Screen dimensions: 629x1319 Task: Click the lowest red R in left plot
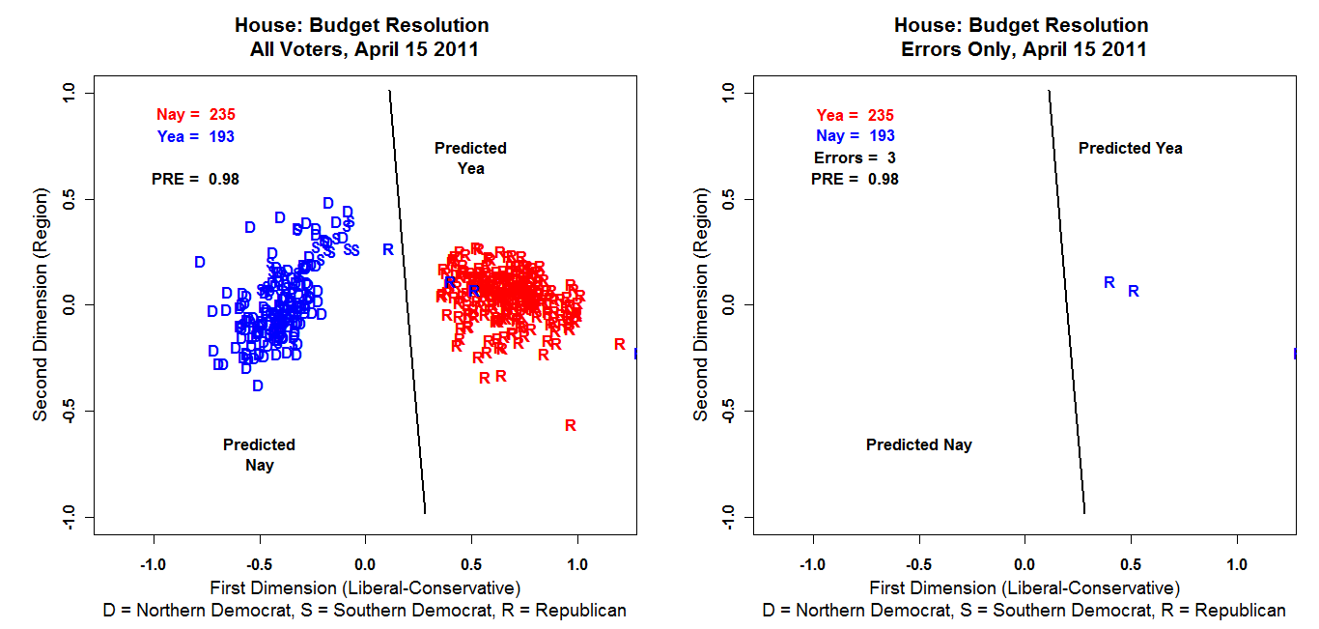571,425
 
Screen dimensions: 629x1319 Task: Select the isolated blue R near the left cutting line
388,249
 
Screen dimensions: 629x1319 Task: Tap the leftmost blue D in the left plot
200,262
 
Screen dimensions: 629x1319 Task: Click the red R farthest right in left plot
619,344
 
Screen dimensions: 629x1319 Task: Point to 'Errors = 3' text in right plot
856,157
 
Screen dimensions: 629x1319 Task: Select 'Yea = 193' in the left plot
195,136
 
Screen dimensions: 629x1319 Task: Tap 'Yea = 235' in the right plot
856,114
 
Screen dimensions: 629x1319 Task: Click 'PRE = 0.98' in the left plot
195,179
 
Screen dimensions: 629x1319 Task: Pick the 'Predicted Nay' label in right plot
918,445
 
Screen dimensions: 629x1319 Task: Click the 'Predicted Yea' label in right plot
1130,148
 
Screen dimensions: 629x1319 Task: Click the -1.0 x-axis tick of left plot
153,563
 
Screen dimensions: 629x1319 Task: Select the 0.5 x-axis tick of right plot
1131,563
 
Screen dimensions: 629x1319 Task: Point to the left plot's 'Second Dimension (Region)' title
41,304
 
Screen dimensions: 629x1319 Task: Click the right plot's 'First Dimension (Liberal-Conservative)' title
1024,587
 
